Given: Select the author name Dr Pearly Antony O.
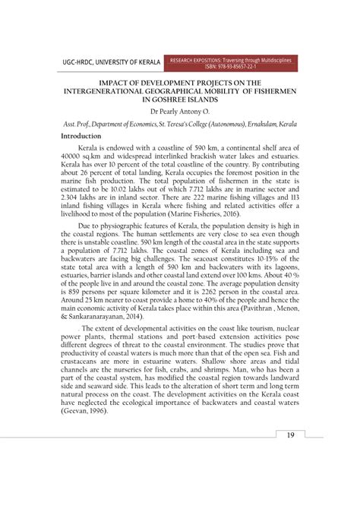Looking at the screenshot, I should [x=180, y=111].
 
